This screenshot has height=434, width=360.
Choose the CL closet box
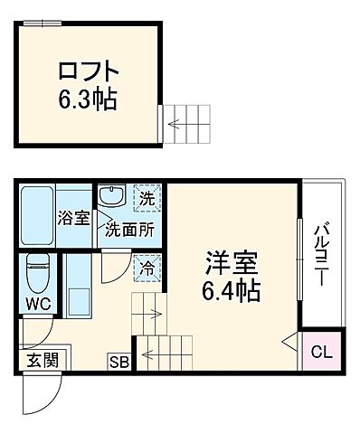(320, 351)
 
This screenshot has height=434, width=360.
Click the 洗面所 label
(128, 230)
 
